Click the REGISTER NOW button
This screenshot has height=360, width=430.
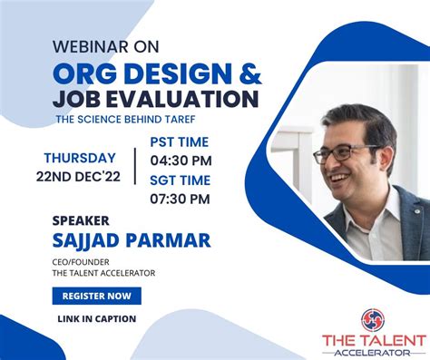coord(97,296)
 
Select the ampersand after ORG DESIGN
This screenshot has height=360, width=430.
coord(250,73)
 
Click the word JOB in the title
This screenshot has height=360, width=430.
coord(77,99)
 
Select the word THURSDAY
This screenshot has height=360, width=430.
coord(80,158)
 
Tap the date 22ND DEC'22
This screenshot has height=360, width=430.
coord(78,177)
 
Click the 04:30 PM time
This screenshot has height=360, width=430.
coord(181,161)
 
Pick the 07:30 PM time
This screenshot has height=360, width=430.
coord(180,199)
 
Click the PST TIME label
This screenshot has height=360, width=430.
coord(180,142)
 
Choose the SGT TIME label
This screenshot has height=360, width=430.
coord(181,180)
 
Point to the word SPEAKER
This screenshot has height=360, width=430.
coord(81,220)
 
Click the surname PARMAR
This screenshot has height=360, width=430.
coord(168,240)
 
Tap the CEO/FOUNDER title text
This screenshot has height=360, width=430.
coord(81,262)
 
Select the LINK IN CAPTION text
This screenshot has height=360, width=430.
coord(97,319)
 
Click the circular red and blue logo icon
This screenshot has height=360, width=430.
coord(373,320)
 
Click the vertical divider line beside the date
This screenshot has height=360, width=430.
coord(135,166)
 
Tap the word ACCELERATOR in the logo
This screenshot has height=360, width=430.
coord(373,353)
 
